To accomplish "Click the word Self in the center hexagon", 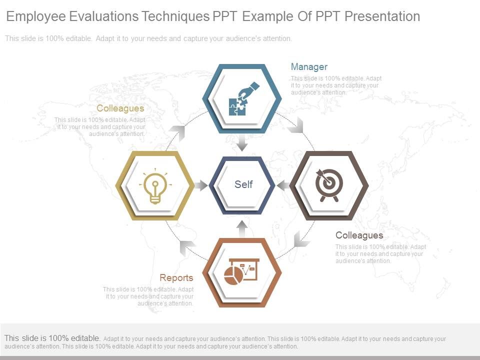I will tap(243, 184).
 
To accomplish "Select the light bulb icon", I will tap(155, 185).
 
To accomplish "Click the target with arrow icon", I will tap(329, 184).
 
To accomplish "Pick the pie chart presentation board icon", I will tap(241, 271).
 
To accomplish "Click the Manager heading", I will tap(309, 67).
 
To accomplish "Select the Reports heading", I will tap(176, 278).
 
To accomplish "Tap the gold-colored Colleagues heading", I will tap(120, 108).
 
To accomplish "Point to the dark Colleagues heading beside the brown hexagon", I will tap(359, 235).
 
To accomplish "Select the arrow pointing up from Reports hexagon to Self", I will tap(242, 228).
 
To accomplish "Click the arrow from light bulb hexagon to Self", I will tap(200, 185).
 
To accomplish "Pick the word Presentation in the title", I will tap(381, 16).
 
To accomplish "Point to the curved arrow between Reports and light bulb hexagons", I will tap(187, 247).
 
